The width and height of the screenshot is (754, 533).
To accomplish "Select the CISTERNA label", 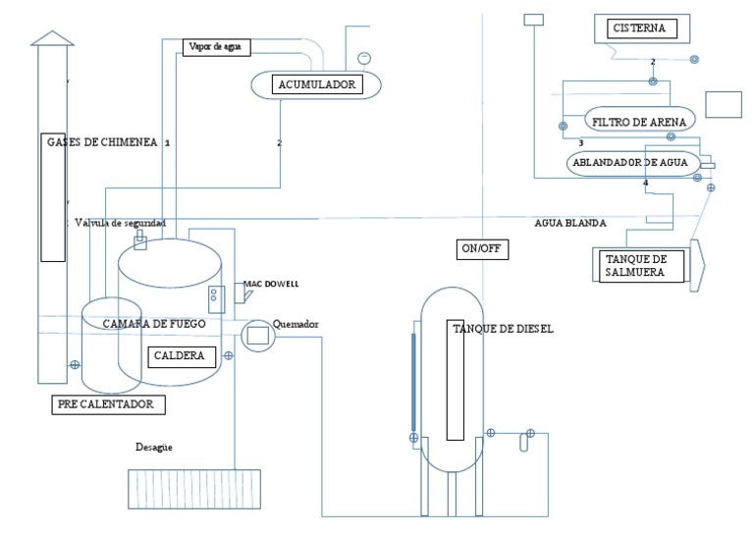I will click(x=639, y=28).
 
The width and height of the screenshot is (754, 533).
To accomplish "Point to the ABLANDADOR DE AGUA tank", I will click(x=633, y=162).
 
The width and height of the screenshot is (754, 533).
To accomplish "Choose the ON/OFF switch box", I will click(x=482, y=248).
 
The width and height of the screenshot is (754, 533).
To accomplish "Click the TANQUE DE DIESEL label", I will click(x=503, y=329).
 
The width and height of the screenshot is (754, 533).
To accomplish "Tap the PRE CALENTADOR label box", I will click(x=106, y=403).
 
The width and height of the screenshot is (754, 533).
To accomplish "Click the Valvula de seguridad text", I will click(x=120, y=223).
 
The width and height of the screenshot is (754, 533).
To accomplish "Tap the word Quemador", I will click(x=296, y=324).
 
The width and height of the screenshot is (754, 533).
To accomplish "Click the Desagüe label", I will click(x=154, y=448).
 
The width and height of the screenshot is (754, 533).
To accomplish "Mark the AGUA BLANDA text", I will click(x=569, y=223).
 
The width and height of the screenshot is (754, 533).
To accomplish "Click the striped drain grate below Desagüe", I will click(x=194, y=489).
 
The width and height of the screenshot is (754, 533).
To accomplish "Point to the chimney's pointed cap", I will click(x=52, y=37).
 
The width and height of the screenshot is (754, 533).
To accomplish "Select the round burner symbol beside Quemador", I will click(x=258, y=336).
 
